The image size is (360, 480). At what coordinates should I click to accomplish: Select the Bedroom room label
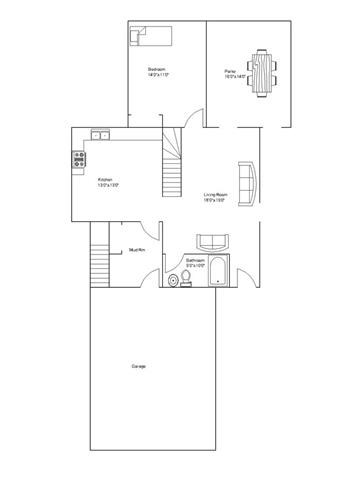point(157,69)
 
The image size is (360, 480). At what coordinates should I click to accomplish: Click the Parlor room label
point(231,71)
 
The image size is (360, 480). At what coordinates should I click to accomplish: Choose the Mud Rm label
point(138,249)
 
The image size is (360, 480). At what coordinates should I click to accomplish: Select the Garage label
point(139,367)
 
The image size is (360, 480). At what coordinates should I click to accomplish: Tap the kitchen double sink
point(100,135)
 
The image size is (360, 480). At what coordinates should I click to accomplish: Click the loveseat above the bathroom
point(213,241)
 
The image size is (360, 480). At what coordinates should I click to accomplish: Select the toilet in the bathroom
point(175,281)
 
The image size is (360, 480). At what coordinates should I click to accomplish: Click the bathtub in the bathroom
point(220,272)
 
